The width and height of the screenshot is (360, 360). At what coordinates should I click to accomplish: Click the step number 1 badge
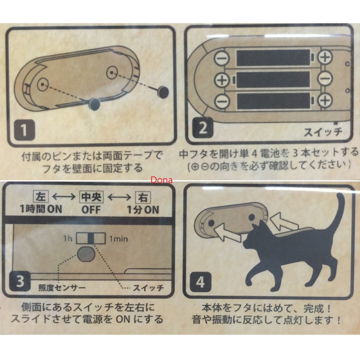pyautogui.click(x=23, y=130)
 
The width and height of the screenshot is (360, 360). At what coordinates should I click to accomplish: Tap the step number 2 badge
pyautogui.click(x=203, y=129)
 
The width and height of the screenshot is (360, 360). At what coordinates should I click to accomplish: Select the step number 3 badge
pyautogui.click(x=19, y=282)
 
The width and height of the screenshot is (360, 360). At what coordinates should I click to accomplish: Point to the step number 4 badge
pyautogui.click(x=200, y=282)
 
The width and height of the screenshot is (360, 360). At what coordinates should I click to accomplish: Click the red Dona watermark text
pyautogui.click(x=161, y=180)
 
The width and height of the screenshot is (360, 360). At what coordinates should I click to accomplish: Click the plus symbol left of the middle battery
pyautogui.click(x=221, y=79)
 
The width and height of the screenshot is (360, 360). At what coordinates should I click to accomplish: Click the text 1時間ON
pyautogui.click(x=41, y=210)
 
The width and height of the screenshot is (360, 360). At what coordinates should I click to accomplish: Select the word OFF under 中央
pyautogui.click(x=91, y=210)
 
